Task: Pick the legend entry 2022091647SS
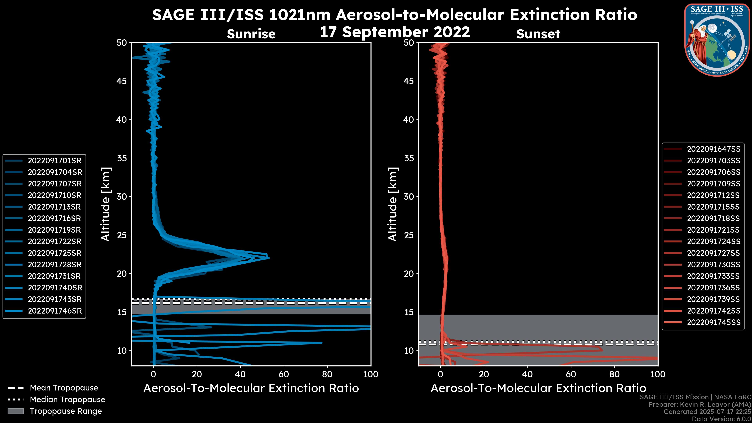713,149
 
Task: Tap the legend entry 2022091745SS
713,322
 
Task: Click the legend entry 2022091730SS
713,265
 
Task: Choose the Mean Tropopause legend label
64,388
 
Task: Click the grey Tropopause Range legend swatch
15,411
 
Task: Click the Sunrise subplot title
251,34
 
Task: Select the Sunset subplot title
538,34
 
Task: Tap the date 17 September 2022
395,32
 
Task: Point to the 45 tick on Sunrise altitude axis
122,81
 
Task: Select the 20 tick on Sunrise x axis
197,374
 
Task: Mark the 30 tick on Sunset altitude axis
409,196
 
